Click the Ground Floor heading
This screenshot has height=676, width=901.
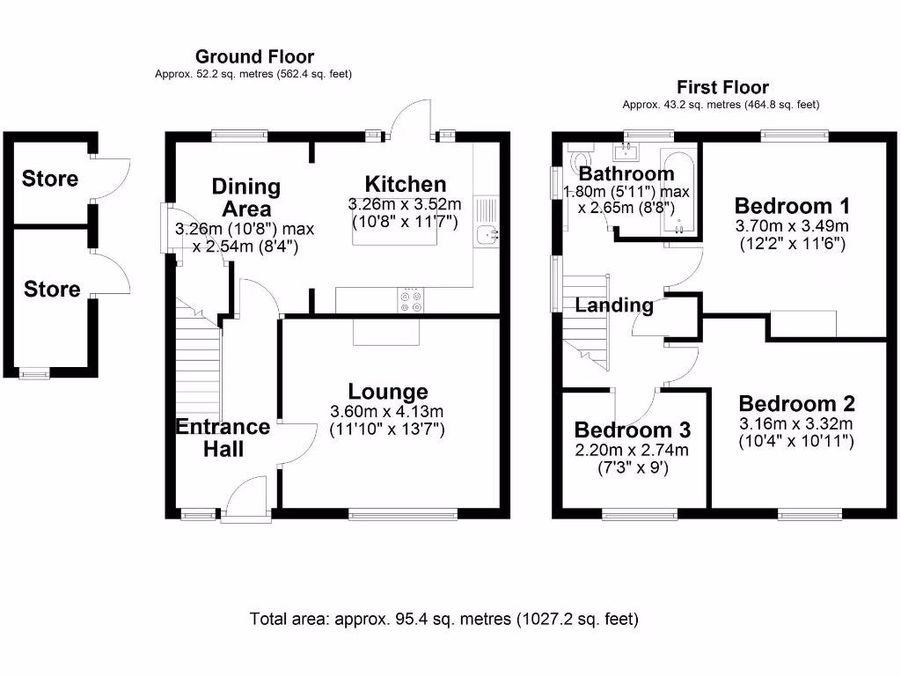pos(254,57)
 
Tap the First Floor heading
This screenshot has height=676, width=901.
pos(722,87)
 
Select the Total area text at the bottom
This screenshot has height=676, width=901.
pos(443,619)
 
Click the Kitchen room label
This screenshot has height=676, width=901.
pos(406,184)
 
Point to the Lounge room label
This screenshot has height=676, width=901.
pos(388,391)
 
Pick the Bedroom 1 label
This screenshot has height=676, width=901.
pos(792,206)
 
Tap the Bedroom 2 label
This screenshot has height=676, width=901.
pos(797,403)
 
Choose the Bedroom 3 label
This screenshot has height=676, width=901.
pos(633,430)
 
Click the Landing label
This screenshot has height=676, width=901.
pos(614,305)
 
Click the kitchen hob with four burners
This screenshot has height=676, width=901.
pos(410,300)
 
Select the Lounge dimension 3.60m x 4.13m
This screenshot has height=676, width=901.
pos(387,411)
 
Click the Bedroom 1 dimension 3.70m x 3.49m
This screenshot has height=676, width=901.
pos(792,226)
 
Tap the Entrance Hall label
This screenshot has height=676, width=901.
pos(223,437)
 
